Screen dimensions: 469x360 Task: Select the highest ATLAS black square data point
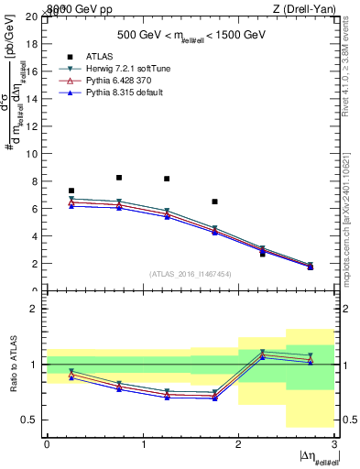pos(119,178)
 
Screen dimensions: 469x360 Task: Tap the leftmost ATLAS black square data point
pos(71,191)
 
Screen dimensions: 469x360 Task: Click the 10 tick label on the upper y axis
pos(33,154)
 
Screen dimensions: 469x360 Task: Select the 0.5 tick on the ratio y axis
pos(31,420)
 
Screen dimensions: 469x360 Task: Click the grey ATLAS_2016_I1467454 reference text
pos(191,274)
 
